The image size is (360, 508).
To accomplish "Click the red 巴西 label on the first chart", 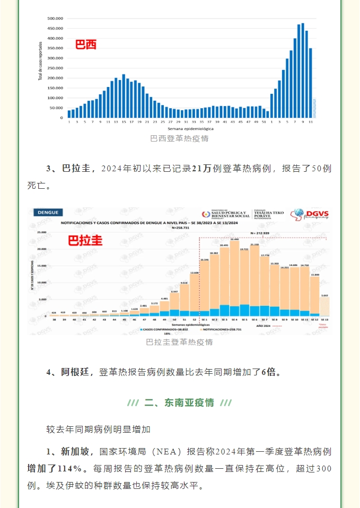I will click(86, 45).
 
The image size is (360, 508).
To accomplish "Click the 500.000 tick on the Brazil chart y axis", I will click(56, 19).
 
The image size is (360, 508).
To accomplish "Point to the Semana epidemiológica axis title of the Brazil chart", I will click(190, 128).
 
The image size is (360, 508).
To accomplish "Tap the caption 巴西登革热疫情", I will click(179, 138).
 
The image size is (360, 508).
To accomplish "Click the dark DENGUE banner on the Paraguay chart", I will click(48, 212).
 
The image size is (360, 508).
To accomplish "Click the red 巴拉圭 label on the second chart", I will click(85, 240).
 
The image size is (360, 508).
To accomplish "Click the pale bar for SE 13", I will click(324, 306).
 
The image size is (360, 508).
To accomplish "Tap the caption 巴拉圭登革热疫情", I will click(179, 342).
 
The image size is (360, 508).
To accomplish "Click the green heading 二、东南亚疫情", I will click(179, 402).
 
